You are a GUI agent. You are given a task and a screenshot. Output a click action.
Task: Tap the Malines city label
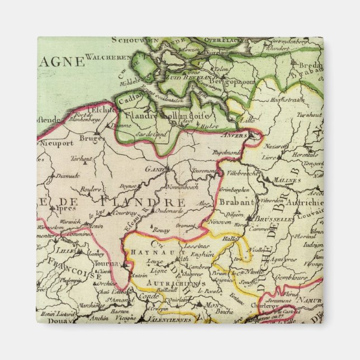click(288, 180)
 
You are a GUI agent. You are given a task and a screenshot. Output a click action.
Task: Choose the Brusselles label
click(274, 220)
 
